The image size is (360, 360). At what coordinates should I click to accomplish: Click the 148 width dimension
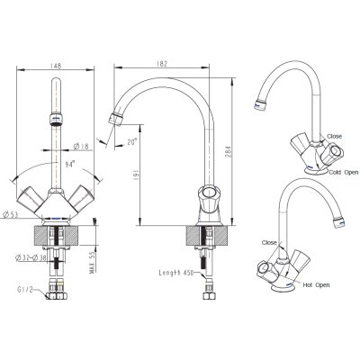click(56, 66)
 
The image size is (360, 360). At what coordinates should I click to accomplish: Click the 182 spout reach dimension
click(162, 64)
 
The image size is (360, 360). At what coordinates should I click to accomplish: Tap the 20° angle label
click(132, 141)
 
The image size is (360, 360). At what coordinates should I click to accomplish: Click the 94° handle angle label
click(70, 165)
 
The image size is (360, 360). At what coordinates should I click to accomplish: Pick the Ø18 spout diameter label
click(81, 146)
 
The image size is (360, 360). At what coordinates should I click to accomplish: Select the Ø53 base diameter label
click(11, 214)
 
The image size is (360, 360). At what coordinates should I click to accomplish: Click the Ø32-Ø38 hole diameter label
click(31, 257)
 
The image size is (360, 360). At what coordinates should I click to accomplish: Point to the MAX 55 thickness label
click(92, 263)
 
